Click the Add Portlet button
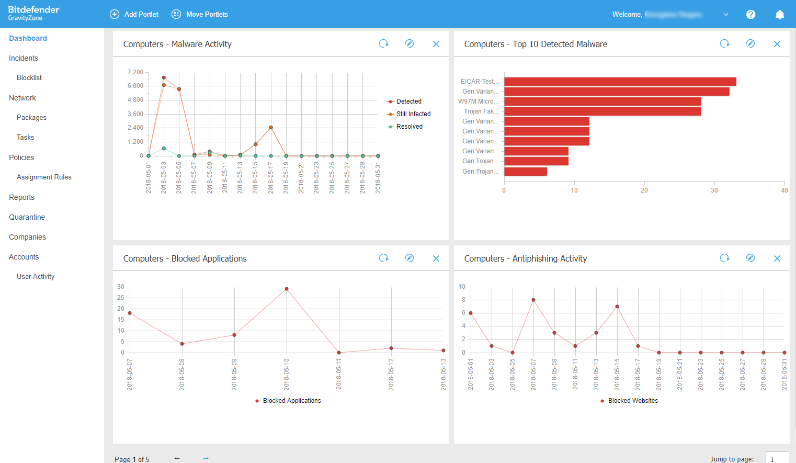point(134,14)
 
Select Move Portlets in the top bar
point(200,14)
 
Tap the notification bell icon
point(779,15)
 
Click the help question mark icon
point(750,15)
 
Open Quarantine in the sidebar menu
point(27,217)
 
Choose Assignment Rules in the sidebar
point(44,177)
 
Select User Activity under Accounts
point(36,277)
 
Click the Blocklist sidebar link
point(29,78)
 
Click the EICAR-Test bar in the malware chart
point(620,82)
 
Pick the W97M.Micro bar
point(602,101)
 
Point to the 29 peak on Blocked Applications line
point(287,289)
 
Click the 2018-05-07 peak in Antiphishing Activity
point(533,300)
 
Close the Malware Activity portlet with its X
point(436,44)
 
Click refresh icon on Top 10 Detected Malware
point(724,44)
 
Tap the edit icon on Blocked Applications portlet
point(410,258)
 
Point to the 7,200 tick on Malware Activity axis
point(135,72)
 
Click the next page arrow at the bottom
point(206,458)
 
